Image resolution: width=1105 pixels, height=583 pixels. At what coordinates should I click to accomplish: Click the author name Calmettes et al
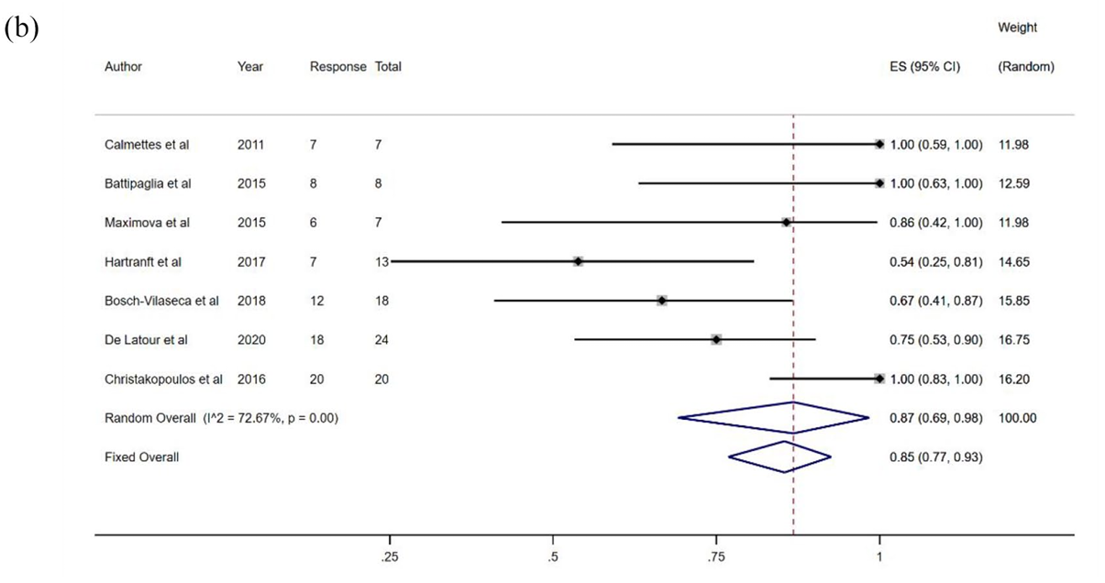(148, 145)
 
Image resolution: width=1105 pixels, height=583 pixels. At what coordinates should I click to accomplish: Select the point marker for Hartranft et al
(578, 261)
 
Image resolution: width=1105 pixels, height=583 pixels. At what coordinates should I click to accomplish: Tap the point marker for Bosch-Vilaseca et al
(662, 301)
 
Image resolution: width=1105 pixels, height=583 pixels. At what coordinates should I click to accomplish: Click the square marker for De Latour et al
(716, 339)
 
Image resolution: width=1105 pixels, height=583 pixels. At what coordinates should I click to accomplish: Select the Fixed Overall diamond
(780, 456)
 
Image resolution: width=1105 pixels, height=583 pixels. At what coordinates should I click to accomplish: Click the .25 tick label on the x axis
(390, 557)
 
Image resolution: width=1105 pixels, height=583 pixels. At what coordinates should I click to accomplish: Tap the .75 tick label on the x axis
(716, 557)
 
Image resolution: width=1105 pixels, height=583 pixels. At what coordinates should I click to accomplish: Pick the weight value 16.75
(1014, 339)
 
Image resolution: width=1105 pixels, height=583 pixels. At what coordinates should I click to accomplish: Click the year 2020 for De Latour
(251, 339)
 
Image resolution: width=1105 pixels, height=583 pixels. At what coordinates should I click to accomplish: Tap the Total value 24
(381, 339)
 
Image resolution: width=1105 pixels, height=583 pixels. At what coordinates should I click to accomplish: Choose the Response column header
(338, 67)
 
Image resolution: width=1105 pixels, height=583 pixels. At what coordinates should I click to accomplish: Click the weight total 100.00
(1018, 418)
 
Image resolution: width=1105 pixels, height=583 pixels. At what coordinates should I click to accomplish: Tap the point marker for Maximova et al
(786, 223)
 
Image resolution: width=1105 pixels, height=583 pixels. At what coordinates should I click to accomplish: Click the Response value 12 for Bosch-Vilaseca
(316, 301)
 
